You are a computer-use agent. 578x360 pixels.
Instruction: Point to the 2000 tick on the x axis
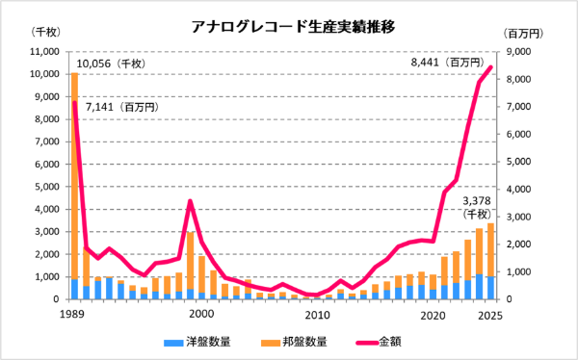tap(201, 315)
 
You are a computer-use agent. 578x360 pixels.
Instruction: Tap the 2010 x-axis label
tap(317, 315)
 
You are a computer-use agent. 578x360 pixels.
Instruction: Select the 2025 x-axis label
tap(491, 315)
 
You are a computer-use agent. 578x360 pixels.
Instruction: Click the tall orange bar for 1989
tap(75, 173)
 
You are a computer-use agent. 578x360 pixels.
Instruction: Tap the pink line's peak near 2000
tap(191, 201)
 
